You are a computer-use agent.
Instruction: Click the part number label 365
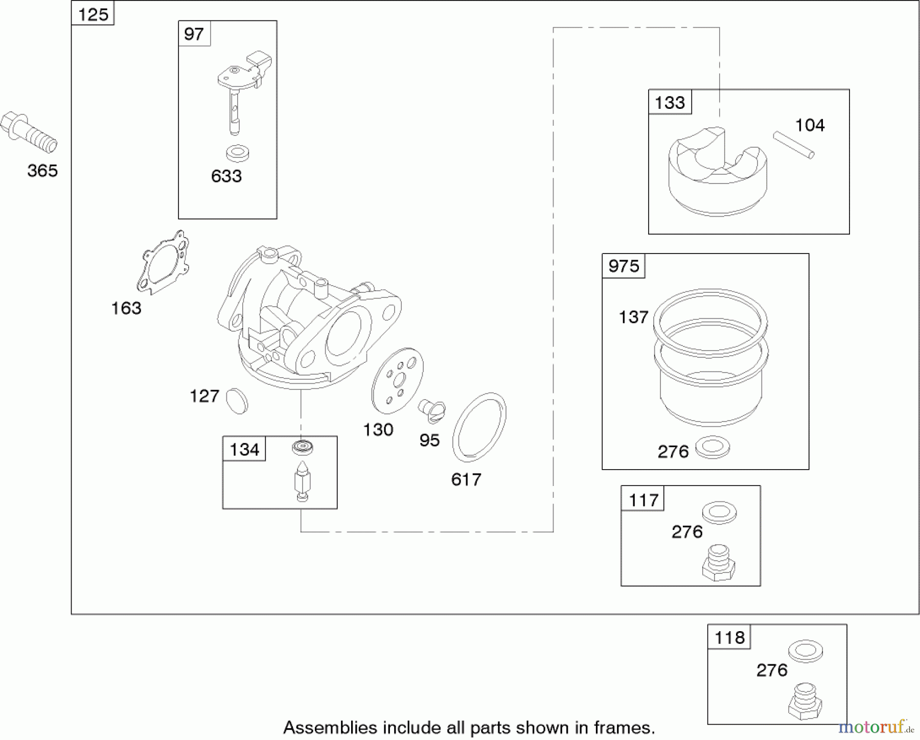(42, 171)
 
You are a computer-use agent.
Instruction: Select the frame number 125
(93, 14)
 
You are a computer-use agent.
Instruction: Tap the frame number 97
(194, 34)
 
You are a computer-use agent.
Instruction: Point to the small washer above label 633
(238, 153)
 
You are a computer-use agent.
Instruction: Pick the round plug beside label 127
(237, 401)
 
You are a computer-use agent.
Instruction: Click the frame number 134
(244, 450)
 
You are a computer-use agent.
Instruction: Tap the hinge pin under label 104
(794, 145)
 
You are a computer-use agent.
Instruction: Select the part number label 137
(633, 317)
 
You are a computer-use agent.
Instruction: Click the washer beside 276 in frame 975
(712, 447)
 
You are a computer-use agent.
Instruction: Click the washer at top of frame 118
(806, 651)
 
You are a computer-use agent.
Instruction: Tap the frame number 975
(624, 266)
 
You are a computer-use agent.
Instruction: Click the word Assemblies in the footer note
(331, 728)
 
